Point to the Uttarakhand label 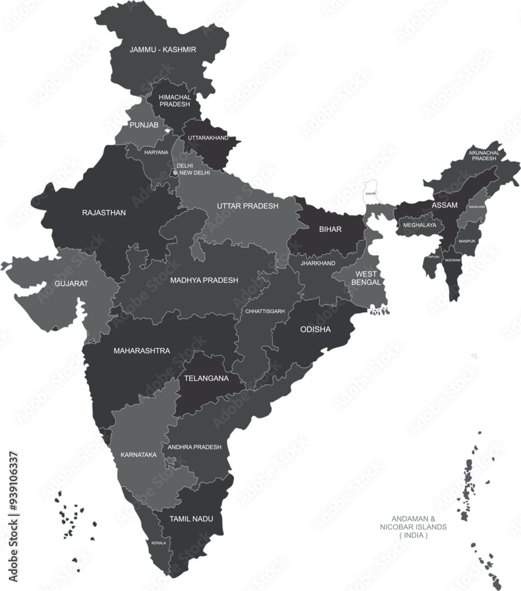pos(208,138)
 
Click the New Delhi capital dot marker pos(175,173)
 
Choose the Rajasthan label pos(104,213)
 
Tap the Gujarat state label pos(71,284)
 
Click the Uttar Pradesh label pos(247,206)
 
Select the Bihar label pos(330,229)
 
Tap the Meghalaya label pos(420,225)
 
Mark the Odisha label pos(315,329)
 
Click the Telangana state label pos(206,378)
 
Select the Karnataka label pos(138,454)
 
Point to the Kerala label pos(158,543)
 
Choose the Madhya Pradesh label pos(204,280)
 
